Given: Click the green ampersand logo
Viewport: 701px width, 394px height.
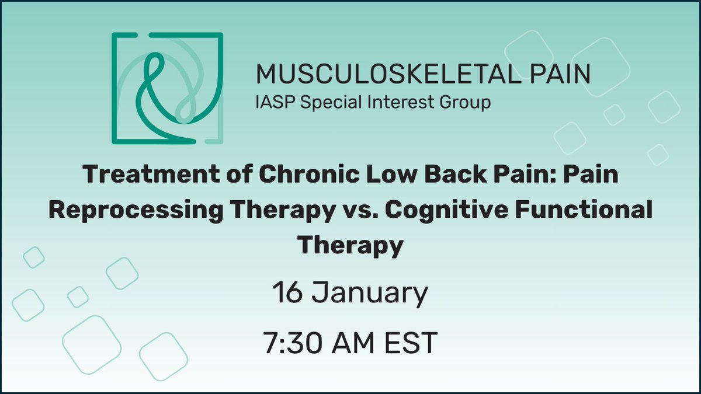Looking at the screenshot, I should pyautogui.click(x=168, y=89).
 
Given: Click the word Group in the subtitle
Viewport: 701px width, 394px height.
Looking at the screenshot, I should pyautogui.click(x=468, y=103).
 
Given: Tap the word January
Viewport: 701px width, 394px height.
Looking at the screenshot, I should pyautogui.click(x=370, y=294).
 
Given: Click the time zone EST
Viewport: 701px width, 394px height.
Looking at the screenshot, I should pyautogui.click(x=412, y=343).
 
